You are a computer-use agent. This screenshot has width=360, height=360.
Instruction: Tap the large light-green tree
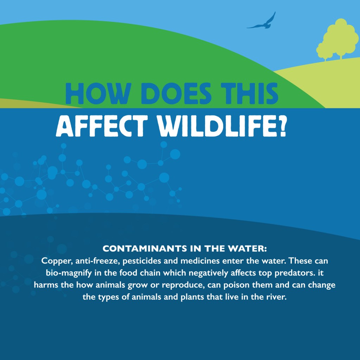341,38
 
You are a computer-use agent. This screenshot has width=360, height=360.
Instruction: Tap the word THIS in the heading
249,94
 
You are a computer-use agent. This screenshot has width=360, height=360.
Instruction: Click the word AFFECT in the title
102,126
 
